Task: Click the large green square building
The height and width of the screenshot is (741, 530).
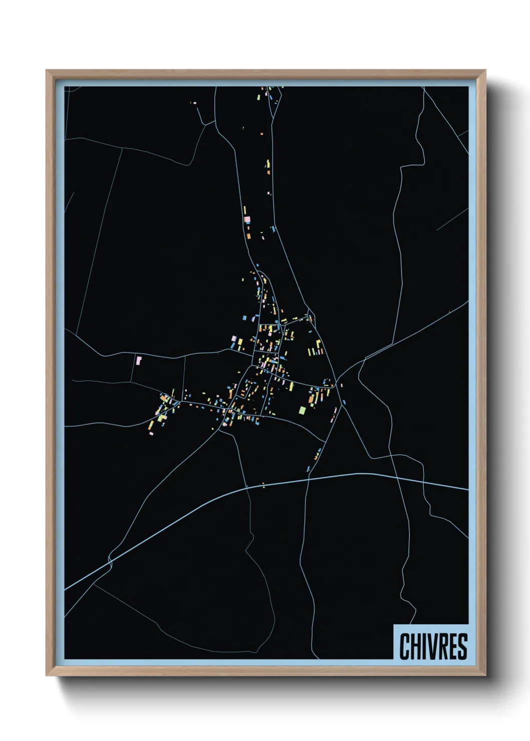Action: click(302, 411)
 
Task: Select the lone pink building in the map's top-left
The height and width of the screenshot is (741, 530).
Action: click(194, 103)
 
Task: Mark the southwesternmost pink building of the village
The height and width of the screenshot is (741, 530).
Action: click(151, 433)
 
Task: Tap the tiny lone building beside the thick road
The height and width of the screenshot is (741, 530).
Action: click(263, 484)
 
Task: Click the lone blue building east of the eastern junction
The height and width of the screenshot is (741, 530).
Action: click(345, 402)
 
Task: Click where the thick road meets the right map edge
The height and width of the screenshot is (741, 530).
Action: click(467, 489)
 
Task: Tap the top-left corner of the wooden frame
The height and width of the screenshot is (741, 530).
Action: click(47, 71)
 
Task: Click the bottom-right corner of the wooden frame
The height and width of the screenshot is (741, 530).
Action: click(485, 675)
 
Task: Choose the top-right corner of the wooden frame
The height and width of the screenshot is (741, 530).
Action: click(485, 71)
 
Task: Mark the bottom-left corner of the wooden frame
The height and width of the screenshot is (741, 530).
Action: click(47, 675)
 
